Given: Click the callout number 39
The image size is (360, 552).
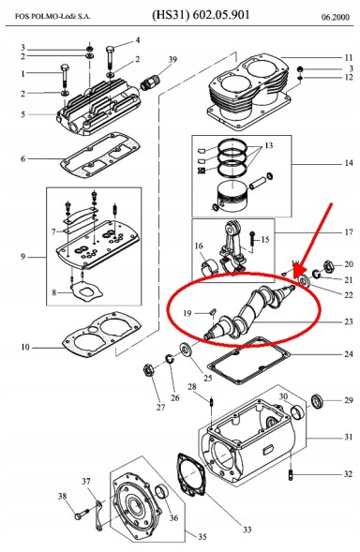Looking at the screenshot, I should [x=172, y=61].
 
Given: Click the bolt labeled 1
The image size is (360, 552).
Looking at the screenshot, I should [x=64, y=76].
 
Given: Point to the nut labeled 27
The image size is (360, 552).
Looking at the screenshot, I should [x=148, y=366].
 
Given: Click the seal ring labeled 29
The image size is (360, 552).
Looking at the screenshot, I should [x=318, y=402].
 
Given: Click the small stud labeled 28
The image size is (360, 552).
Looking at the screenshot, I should [x=214, y=405].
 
